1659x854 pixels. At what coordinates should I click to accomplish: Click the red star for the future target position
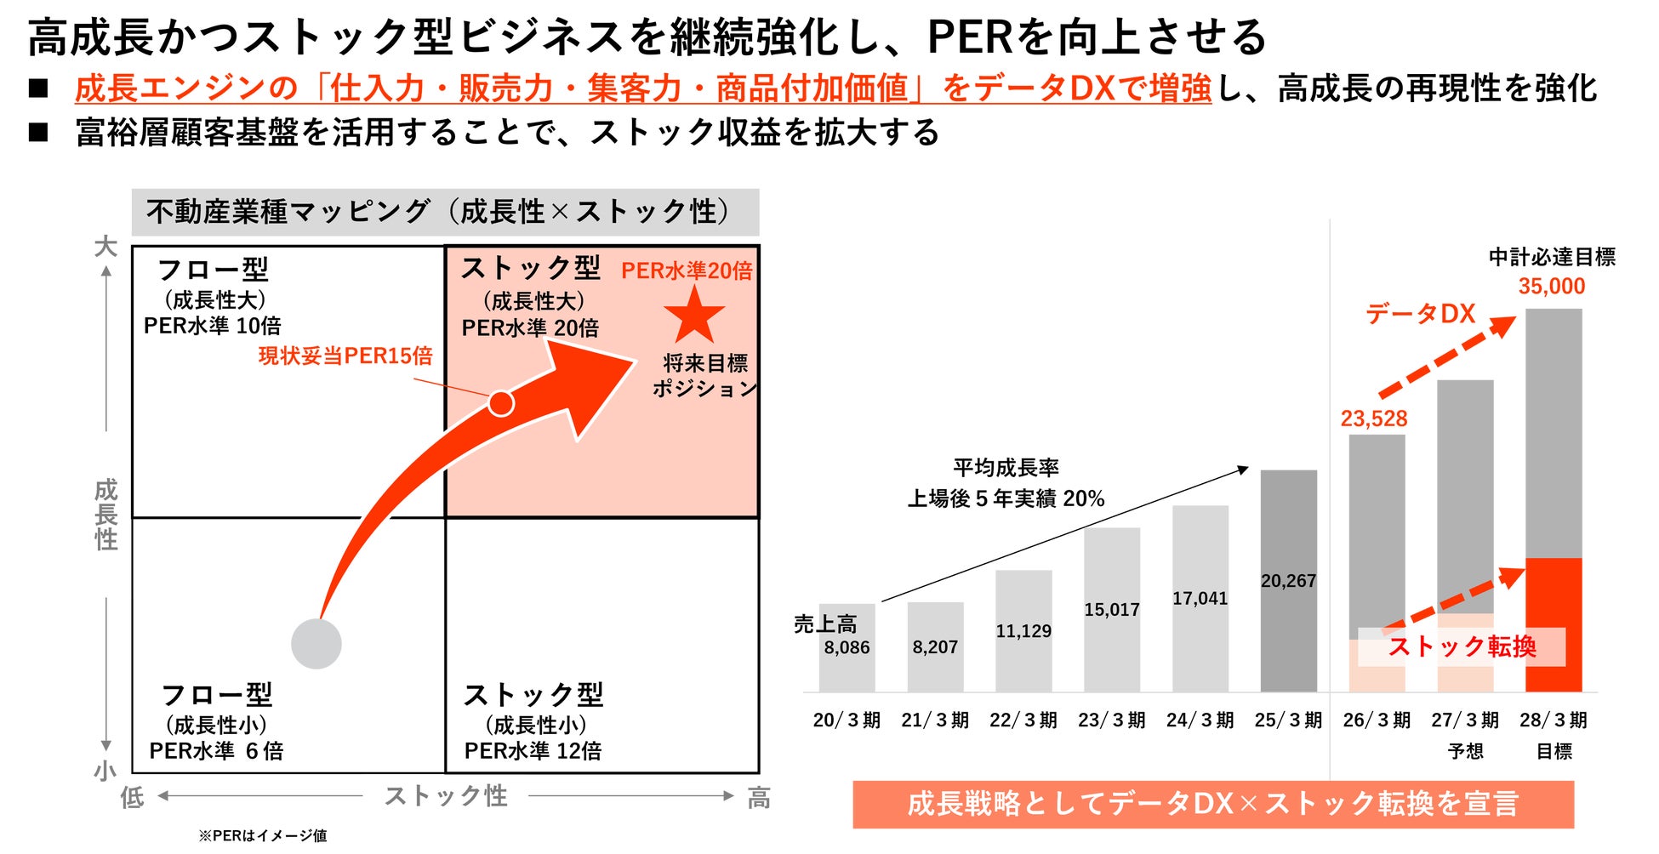(694, 315)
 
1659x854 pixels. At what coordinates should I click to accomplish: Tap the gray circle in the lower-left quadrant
(316, 644)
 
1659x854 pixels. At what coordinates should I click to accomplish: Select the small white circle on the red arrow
(501, 403)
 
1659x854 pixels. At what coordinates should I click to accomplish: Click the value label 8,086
(847, 647)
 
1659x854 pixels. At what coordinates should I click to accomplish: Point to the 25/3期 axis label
(1288, 720)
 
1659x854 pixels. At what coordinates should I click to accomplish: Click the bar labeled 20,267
(1288, 581)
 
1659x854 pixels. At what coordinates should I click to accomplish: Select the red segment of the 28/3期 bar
(1554, 625)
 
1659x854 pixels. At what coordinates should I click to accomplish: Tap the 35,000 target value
(1552, 287)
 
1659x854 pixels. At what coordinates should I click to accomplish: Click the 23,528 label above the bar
(1374, 418)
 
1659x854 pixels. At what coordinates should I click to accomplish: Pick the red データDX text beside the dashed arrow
(1420, 314)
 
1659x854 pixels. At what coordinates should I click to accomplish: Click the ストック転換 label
(1462, 646)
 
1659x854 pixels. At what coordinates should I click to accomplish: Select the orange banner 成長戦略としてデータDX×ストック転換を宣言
(1213, 804)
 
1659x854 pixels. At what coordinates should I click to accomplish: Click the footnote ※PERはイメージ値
(263, 835)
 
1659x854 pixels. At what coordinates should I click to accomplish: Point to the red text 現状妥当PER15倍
(345, 356)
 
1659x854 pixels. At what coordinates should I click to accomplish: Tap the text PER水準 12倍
(533, 751)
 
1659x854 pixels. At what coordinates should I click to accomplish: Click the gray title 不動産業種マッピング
(288, 212)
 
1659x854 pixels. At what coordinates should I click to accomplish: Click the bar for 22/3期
(1023, 631)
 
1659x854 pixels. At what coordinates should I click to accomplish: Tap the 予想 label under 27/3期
(1465, 751)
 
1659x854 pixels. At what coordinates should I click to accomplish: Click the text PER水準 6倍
(216, 751)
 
